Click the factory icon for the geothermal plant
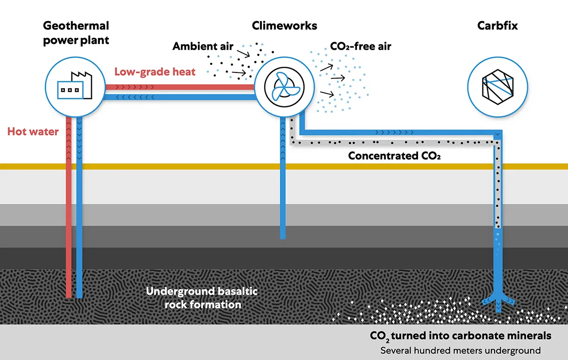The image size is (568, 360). (x=75, y=86)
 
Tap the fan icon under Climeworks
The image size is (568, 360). (x=284, y=87)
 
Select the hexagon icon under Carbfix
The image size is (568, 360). (x=497, y=87)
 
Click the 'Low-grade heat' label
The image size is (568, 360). (x=155, y=72)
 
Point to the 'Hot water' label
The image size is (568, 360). (x=33, y=131)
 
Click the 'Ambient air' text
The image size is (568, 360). (x=203, y=46)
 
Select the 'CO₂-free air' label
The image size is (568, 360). (x=361, y=46)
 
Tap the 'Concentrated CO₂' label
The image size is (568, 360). (x=394, y=156)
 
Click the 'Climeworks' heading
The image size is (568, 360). (x=284, y=26)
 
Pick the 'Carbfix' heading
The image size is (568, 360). (x=497, y=26)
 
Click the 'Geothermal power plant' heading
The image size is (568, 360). (x=76, y=33)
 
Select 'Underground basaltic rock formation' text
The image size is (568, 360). (x=202, y=298)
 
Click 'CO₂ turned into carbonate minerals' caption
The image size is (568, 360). (x=461, y=336)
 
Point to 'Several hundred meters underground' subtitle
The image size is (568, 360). (x=461, y=351)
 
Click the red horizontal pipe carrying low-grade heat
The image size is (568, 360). (x=179, y=87)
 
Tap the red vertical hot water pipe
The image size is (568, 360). (x=69, y=207)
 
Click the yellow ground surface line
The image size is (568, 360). (x=284, y=166)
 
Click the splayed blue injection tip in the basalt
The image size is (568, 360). (x=498, y=302)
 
